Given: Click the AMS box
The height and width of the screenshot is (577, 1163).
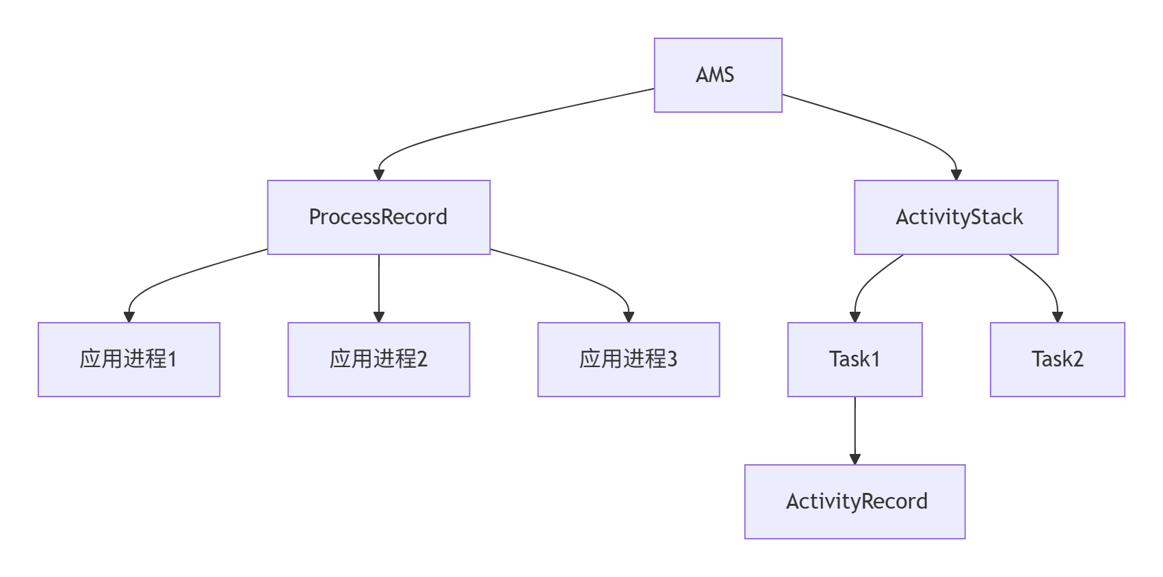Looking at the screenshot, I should click(x=718, y=75).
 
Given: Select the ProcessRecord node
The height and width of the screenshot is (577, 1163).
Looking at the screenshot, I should click(x=378, y=217).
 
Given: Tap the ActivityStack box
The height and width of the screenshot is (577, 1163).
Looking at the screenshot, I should click(x=956, y=217).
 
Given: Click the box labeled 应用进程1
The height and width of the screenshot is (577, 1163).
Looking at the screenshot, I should click(x=129, y=360).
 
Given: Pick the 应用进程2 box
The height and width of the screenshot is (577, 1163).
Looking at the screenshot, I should click(x=378, y=360).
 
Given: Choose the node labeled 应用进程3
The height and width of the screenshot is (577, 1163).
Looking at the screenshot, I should click(x=628, y=360).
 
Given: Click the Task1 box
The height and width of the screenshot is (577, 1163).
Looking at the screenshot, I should click(x=854, y=360).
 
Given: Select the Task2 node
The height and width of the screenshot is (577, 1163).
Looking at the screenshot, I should click(x=1057, y=360).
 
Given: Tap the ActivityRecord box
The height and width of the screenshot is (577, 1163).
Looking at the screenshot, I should click(x=854, y=502).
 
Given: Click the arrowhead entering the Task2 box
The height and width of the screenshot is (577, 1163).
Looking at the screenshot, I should click(x=1057, y=317).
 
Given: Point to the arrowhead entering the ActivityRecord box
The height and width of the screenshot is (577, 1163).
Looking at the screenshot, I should click(x=854, y=459).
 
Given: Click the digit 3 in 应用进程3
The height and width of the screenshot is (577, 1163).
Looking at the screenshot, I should click(x=672, y=360).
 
